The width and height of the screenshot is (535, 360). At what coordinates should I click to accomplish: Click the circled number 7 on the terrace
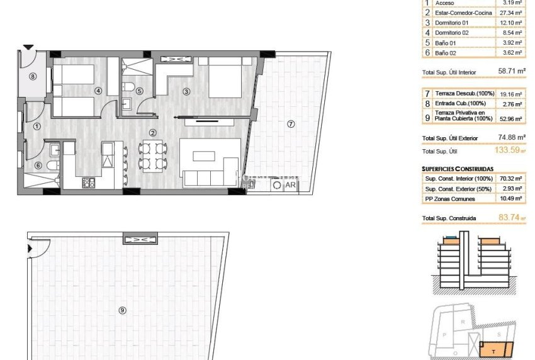pos(290,124)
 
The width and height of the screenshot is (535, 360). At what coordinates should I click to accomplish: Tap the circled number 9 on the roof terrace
pos(122,310)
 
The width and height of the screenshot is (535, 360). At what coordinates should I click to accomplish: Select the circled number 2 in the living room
pos(152,132)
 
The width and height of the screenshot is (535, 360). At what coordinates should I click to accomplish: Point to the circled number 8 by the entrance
pos(33,77)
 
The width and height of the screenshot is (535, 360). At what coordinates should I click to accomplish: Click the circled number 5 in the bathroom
pos(139,91)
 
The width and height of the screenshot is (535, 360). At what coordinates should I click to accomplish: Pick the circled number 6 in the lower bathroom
pos(38,166)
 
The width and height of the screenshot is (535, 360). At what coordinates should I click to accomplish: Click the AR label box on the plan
pos(290,185)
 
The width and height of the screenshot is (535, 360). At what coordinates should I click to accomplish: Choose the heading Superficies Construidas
pos(458,169)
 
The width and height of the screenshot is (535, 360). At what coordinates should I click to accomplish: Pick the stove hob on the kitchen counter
pos(89,183)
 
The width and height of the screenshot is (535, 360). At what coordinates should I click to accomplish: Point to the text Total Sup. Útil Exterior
pos(450,138)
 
